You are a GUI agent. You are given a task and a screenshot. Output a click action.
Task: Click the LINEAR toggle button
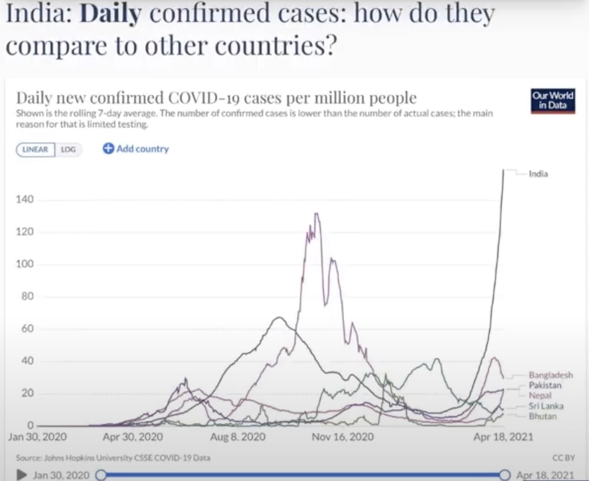pos(35,149)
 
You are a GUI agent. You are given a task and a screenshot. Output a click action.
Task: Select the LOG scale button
pos(68,149)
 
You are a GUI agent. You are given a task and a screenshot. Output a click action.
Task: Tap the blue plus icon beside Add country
pos(108,148)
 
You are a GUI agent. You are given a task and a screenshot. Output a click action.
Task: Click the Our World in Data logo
pos(553,101)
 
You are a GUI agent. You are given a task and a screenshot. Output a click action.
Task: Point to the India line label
pos(538,174)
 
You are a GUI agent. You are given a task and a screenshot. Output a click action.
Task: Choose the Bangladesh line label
pos(550,375)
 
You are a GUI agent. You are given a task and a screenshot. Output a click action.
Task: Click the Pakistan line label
pos(545,385)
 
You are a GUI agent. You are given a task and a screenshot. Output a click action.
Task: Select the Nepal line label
pos(540,395)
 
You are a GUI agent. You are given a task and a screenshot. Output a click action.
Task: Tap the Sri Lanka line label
pos(546,406)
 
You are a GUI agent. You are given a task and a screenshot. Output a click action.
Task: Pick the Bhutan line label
pos(542,416)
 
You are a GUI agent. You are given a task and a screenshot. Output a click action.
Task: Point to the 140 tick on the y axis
pos(25,199)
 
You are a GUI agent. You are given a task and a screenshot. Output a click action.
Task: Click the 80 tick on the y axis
pos(27,296)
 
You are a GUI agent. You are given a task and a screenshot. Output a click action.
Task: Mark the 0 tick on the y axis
pos(30,425)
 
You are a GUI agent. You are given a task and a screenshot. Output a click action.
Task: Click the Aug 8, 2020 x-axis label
pos(238,437)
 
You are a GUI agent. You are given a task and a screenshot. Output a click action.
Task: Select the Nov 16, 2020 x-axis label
pos(343,437)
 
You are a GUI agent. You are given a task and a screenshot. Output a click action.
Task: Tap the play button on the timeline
pos(21,475)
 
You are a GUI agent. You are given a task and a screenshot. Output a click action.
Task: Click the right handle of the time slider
pos(505,475)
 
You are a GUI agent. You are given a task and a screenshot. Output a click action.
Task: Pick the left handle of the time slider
pos(101,475)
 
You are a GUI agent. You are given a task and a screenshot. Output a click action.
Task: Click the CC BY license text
pos(564,458)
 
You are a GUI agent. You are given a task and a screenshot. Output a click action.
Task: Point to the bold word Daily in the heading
pos(111,14)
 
